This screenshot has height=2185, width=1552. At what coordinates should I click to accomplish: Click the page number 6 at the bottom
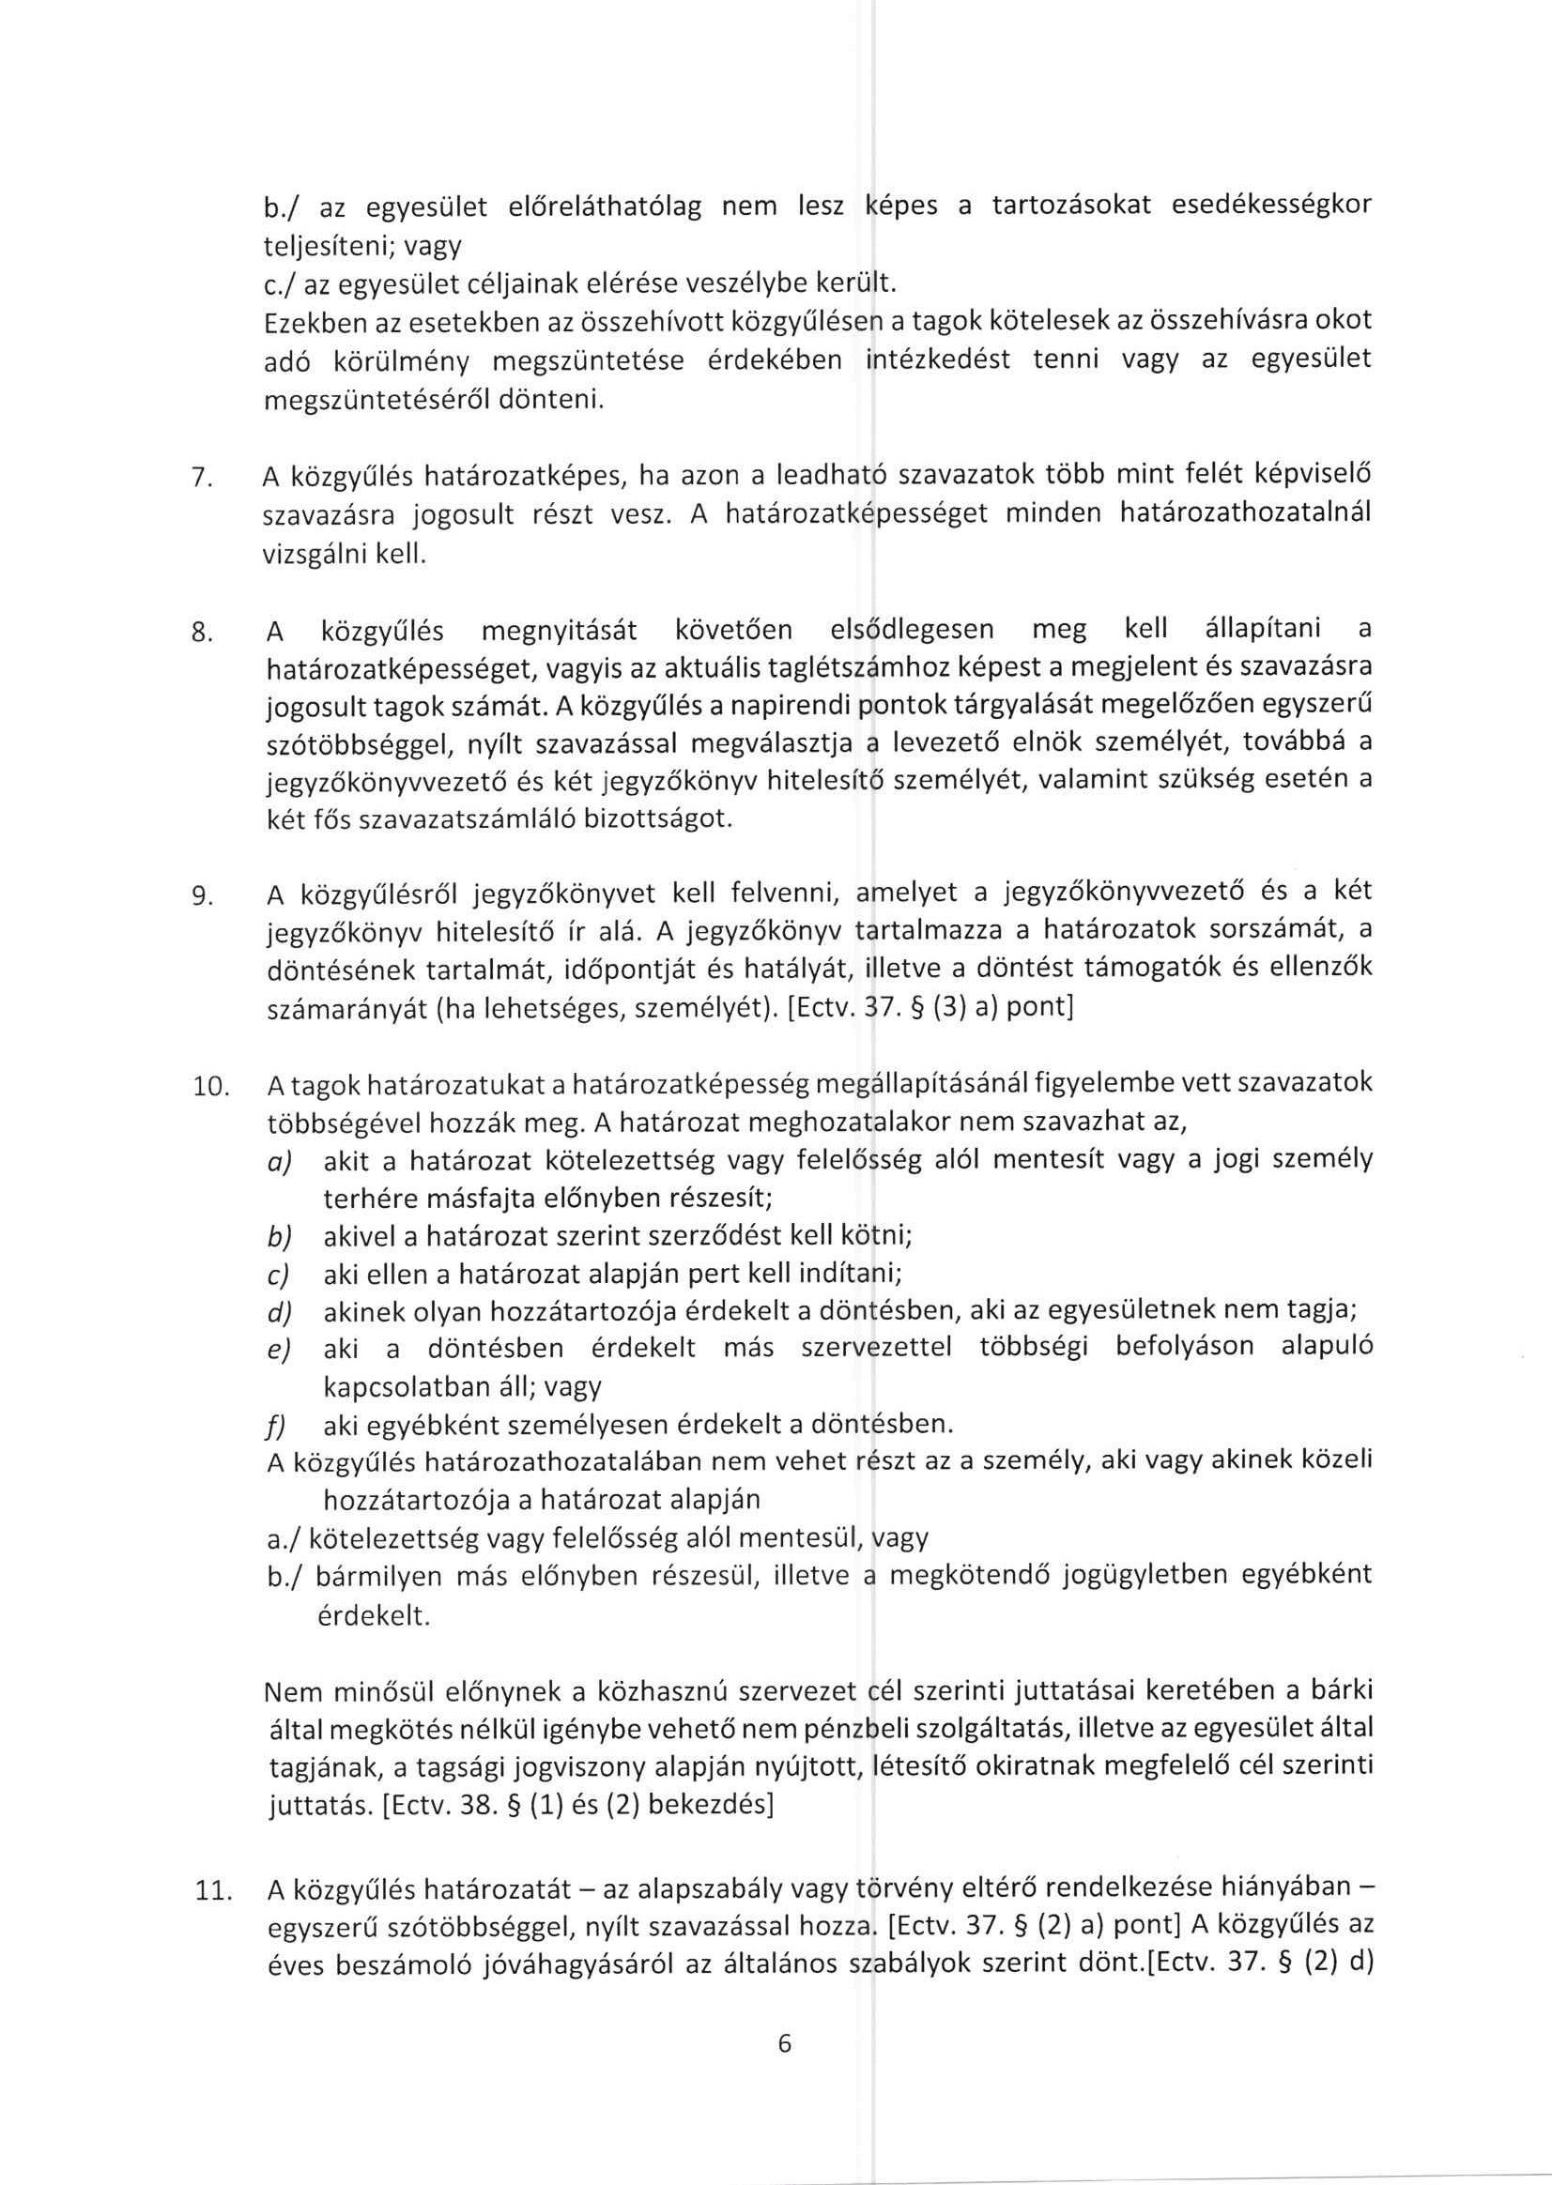tap(785, 2044)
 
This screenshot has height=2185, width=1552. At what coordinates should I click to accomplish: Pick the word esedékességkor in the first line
tap(1270, 206)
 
